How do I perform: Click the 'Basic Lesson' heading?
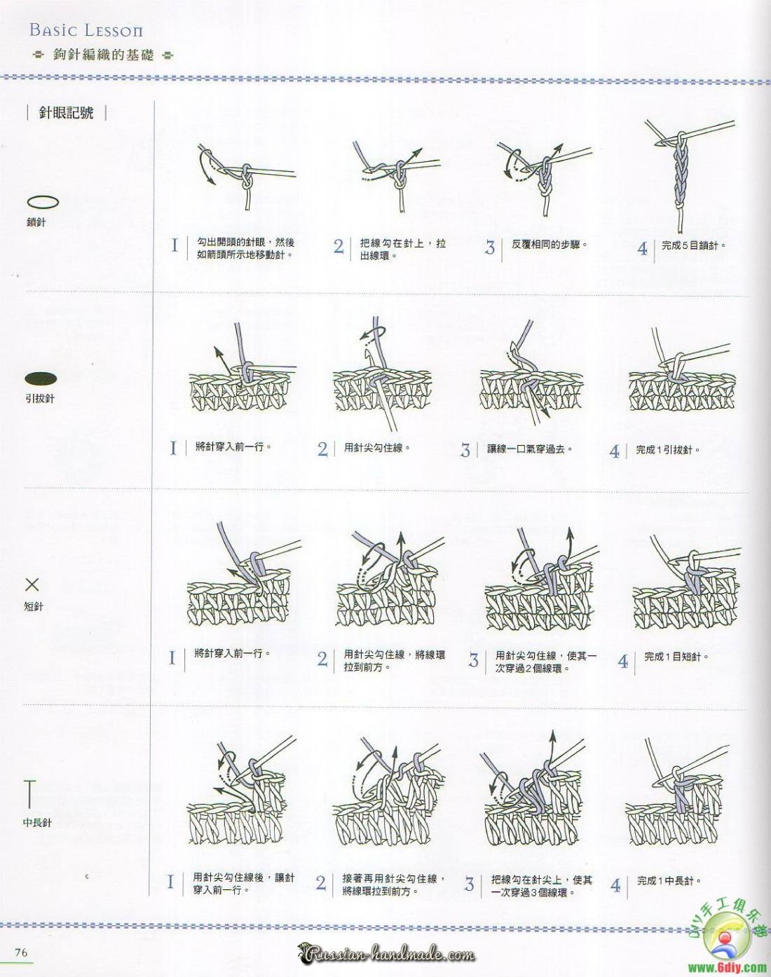click(x=86, y=30)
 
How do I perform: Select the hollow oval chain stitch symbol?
click(x=43, y=202)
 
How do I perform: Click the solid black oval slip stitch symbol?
click(x=41, y=378)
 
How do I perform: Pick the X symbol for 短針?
click(x=32, y=585)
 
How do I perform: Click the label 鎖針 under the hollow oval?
click(x=36, y=222)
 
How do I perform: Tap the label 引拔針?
click(x=40, y=399)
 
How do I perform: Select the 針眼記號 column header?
click(x=67, y=113)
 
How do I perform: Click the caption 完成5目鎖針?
click(x=693, y=245)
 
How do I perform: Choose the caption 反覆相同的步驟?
click(x=550, y=244)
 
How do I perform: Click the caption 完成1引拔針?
click(x=667, y=449)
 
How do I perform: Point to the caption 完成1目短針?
click(x=676, y=657)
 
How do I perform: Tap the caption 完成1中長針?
click(x=669, y=881)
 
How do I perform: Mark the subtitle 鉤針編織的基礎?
click(x=104, y=55)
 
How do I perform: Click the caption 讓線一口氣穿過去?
click(x=530, y=449)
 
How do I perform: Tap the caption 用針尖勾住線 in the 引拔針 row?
click(x=377, y=448)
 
